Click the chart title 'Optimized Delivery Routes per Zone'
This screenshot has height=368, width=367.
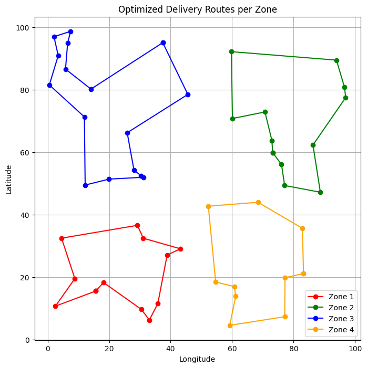(197, 9)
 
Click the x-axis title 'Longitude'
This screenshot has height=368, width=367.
(197, 359)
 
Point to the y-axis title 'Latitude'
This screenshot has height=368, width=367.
(9, 180)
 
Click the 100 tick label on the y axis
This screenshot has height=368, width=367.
(24, 27)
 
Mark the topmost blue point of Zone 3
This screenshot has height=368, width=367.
(70, 31)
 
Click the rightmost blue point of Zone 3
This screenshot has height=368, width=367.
(188, 94)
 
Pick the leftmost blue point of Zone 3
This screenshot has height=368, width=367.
(49, 85)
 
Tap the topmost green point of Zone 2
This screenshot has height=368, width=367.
(231, 51)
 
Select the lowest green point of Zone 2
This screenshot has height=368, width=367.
(320, 192)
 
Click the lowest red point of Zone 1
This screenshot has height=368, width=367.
(149, 320)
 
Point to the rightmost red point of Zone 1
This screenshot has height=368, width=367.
(180, 249)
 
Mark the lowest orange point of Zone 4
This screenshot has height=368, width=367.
(230, 325)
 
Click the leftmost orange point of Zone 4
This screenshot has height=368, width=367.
(208, 206)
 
